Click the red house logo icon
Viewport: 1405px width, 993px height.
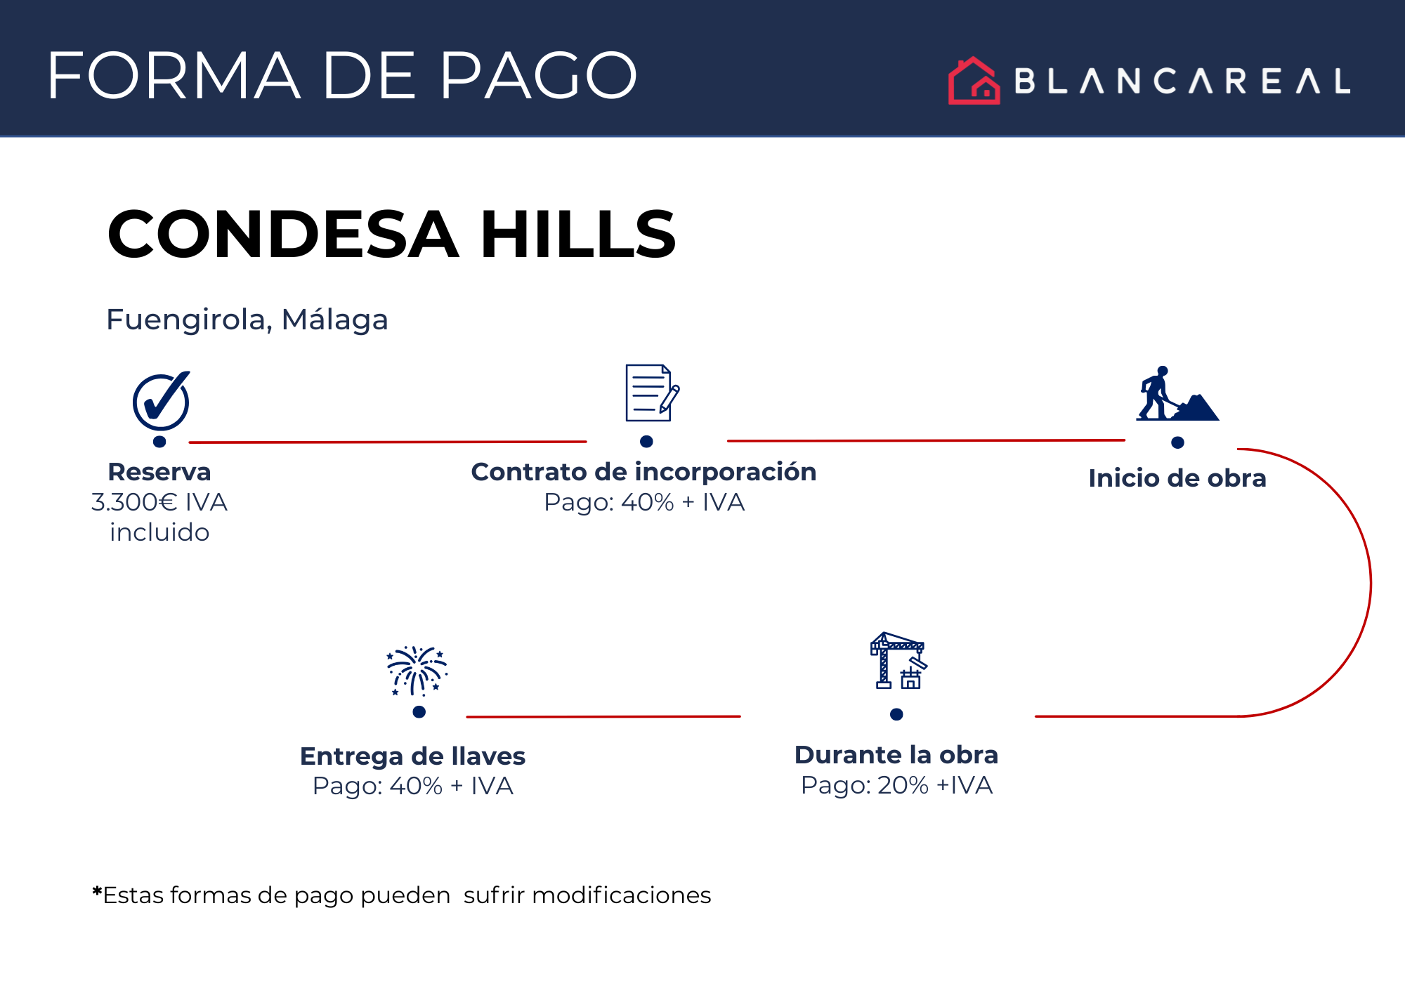tap(974, 81)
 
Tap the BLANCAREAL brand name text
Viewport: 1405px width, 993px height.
tap(1182, 81)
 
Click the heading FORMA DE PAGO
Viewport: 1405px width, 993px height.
tap(342, 75)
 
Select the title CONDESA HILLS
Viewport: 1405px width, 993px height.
tap(391, 234)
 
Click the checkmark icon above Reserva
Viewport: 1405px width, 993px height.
tap(162, 400)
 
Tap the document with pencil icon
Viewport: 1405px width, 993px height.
tap(653, 393)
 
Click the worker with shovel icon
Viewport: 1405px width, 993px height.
tap(1177, 393)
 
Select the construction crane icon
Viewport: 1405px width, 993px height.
tap(898, 661)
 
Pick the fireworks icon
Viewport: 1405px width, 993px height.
tap(417, 671)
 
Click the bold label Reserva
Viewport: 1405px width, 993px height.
tap(159, 472)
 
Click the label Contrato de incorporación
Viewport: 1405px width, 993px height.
tap(643, 472)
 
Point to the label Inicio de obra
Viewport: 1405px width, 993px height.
tap(1177, 478)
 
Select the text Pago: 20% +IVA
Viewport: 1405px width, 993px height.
tap(897, 785)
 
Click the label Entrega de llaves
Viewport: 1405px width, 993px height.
tap(412, 756)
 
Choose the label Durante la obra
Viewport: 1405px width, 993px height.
tap(896, 755)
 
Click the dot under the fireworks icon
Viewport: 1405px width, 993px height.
tap(419, 712)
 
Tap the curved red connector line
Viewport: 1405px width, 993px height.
tap(1371, 583)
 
